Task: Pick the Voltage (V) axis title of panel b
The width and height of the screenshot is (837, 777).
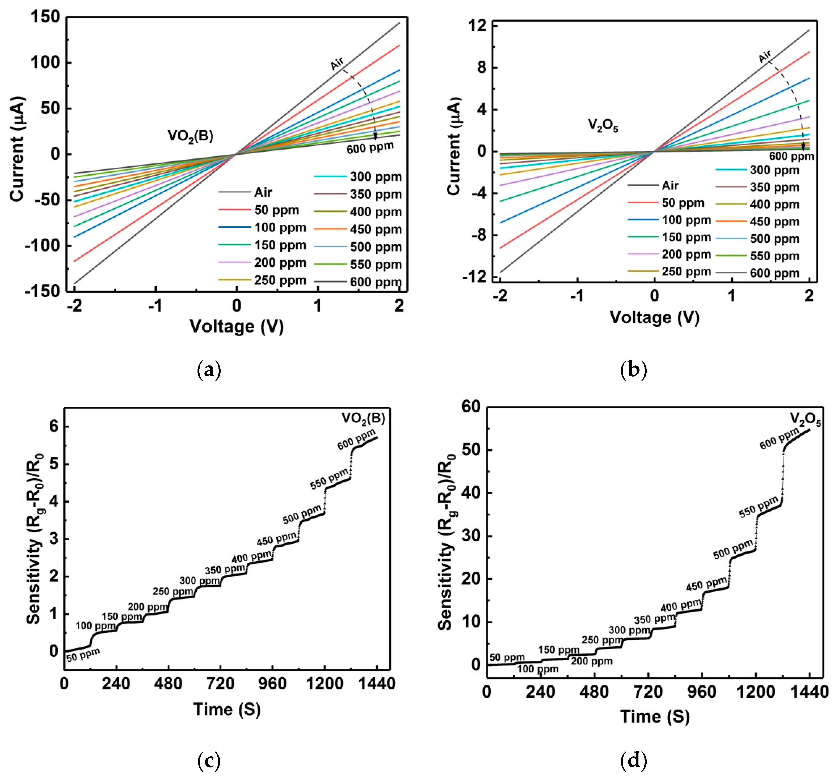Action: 654,317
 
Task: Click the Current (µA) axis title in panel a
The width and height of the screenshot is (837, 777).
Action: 18,149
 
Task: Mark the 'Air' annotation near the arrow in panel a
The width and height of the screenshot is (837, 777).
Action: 337,64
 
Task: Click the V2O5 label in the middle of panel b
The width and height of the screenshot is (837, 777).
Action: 603,125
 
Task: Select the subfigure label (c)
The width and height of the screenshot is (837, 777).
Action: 209,759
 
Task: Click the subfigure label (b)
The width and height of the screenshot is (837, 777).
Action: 633,370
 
